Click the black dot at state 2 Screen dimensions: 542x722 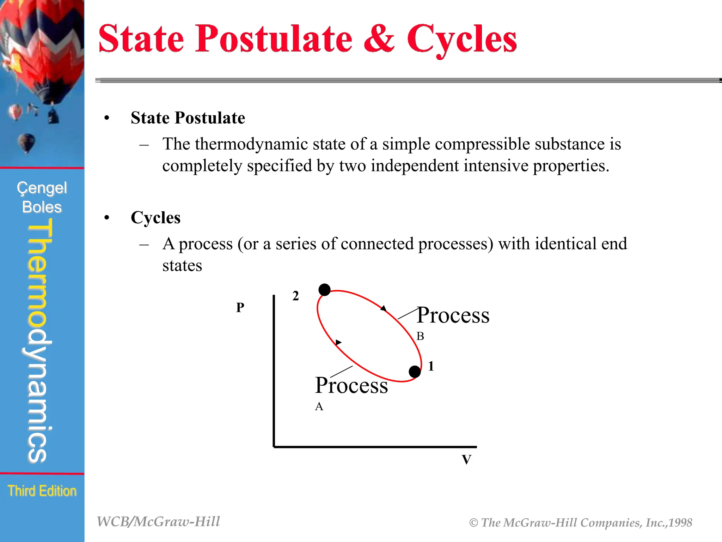[324, 290]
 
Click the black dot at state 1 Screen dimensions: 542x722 [415, 372]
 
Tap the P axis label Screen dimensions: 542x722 [240, 307]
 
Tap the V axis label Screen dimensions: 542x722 [466, 460]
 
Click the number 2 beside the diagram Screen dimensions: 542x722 [295, 296]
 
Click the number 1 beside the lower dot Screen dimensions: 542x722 [431, 366]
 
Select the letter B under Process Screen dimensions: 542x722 [420, 336]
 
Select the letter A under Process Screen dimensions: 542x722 [319, 407]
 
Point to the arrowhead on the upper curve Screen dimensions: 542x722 [384, 309]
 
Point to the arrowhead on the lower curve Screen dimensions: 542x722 [338, 342]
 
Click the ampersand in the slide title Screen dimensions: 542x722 [379, 39]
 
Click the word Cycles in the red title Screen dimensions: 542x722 [462, 40]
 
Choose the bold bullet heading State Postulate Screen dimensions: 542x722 [188, 118]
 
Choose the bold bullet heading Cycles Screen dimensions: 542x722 [155, 218]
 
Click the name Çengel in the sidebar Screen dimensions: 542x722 [42, 188]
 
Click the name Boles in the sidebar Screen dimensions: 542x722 [42, 207]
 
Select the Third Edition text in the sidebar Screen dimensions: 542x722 [42, 491]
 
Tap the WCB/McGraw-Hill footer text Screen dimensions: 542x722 [158, 522]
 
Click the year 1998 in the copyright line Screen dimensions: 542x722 [680, 523]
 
